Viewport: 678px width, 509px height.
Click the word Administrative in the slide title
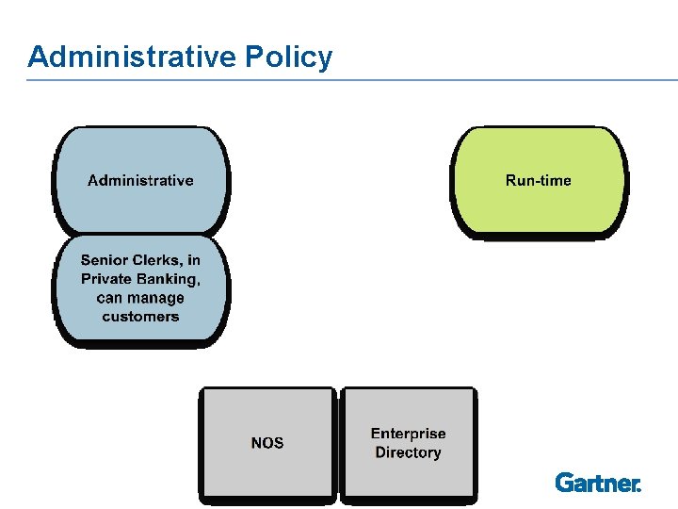pyautogui.click(x=133, y=57)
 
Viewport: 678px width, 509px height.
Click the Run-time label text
pyautogui.click(x=538, y=180)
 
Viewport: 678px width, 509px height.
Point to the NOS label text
pyautogui.click(x=267, y=443)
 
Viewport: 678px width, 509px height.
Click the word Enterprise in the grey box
pyautogui.click(x=408, y=434)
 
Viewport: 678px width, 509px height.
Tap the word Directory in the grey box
pyautogui.click(x=408, y=452)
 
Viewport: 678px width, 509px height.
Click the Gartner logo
pyautogui.click(x=598, y=483)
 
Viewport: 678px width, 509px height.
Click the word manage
pyautogui.click(x=155, y=298)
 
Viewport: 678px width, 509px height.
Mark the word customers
pyautogui.click(x=140, y=317)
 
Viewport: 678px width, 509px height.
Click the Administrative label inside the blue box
pyautogui.click(x=140, y=180)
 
